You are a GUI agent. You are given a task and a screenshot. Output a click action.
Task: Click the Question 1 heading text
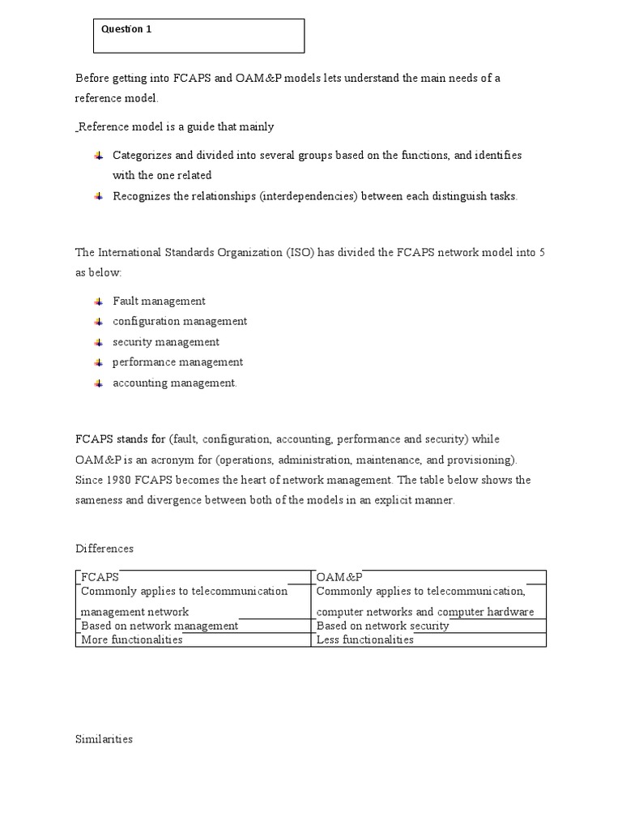pyautogui.click(x=126, y=29)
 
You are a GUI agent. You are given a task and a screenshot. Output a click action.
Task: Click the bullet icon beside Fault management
pyautogui.click(x=98, y=302)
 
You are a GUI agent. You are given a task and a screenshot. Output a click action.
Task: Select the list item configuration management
pyautogui.click(x=180, y=321)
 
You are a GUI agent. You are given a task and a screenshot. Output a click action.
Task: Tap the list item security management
pyautogui.click(x=166, y=342)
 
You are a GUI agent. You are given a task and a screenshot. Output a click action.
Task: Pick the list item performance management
pyautogui.click(x=177, y=362)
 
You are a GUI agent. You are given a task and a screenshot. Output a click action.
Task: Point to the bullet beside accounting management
pyautogui.click(x=98, y=383)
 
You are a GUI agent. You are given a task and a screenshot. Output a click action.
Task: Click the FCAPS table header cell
pyautogui.click(x=100, y=577)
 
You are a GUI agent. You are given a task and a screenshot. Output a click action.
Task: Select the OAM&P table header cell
pyautogui.click(x=339, y=577)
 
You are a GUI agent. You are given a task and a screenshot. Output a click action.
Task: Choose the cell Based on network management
pyautogui.click(x=160, y=626)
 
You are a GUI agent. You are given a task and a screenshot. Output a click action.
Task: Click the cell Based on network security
pyautogui.click(x=382, y=626)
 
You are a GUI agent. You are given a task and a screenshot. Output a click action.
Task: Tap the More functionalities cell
pyautogui.click(x=132, y=640)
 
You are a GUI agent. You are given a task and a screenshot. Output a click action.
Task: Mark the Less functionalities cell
pyautogui.click(x=364, y=640)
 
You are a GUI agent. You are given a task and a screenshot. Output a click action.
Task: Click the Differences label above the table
pyautogui.click(x=104, y=549)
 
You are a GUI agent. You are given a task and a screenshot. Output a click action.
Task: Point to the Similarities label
pyautogui.click(x=104, y=739)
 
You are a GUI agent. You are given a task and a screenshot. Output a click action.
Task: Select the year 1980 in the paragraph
pyautogui.click(x=118, y=480)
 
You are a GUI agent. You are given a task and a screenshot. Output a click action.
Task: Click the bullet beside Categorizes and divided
pyautogui.click(x=98, y=155)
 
